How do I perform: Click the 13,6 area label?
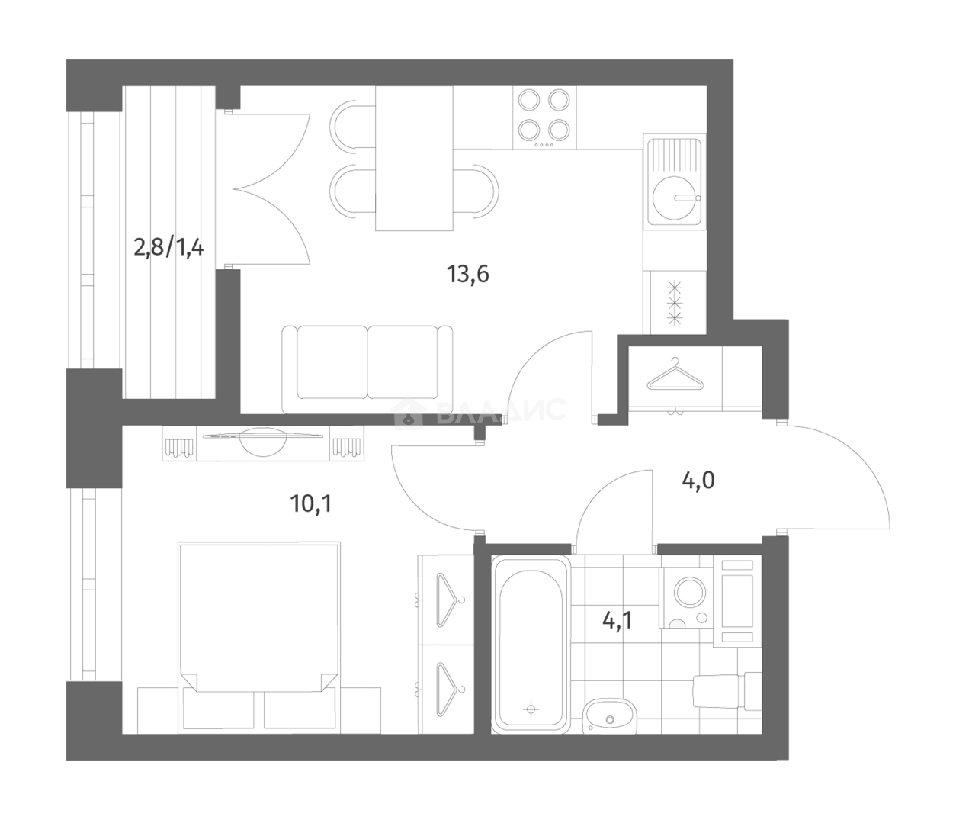click(x=467, y=273)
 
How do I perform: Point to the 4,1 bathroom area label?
click(x=618, y=619)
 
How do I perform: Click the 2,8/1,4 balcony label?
click(x=168, y=248)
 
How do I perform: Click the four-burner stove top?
click(x=544, y=117)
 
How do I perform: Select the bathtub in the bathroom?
click(x=531, y=644)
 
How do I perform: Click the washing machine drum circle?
click(x=691, y=594)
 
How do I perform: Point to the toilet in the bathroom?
click(x=724, y=691)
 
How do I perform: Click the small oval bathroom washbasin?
click(x=608, y=716)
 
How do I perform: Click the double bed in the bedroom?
click(x=258, y=625)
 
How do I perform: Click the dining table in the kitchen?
click(x=414, y=158)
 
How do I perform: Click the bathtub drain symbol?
click(x=531, y=709)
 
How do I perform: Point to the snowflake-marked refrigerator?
click(x=674, y=302)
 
